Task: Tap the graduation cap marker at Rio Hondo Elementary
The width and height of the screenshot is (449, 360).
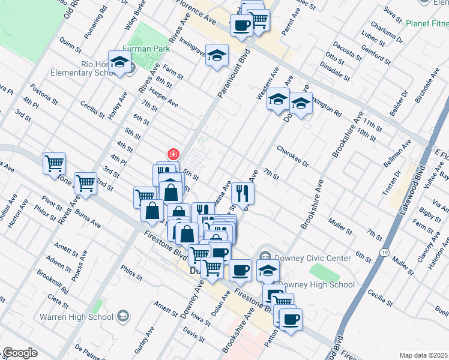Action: coord(120,62)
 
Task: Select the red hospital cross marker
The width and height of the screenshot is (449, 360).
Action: coord(173,154)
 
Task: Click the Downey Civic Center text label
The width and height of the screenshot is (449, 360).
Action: coord(313,258)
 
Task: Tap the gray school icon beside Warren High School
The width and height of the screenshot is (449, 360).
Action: coord(122,316)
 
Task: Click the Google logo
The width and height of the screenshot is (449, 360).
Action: coord(19,353)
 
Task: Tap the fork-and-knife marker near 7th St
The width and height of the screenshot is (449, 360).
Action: coord(243,193)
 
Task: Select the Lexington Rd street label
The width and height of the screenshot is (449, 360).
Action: coord(327,109)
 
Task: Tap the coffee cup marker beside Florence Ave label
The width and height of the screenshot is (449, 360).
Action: coord(241,25)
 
